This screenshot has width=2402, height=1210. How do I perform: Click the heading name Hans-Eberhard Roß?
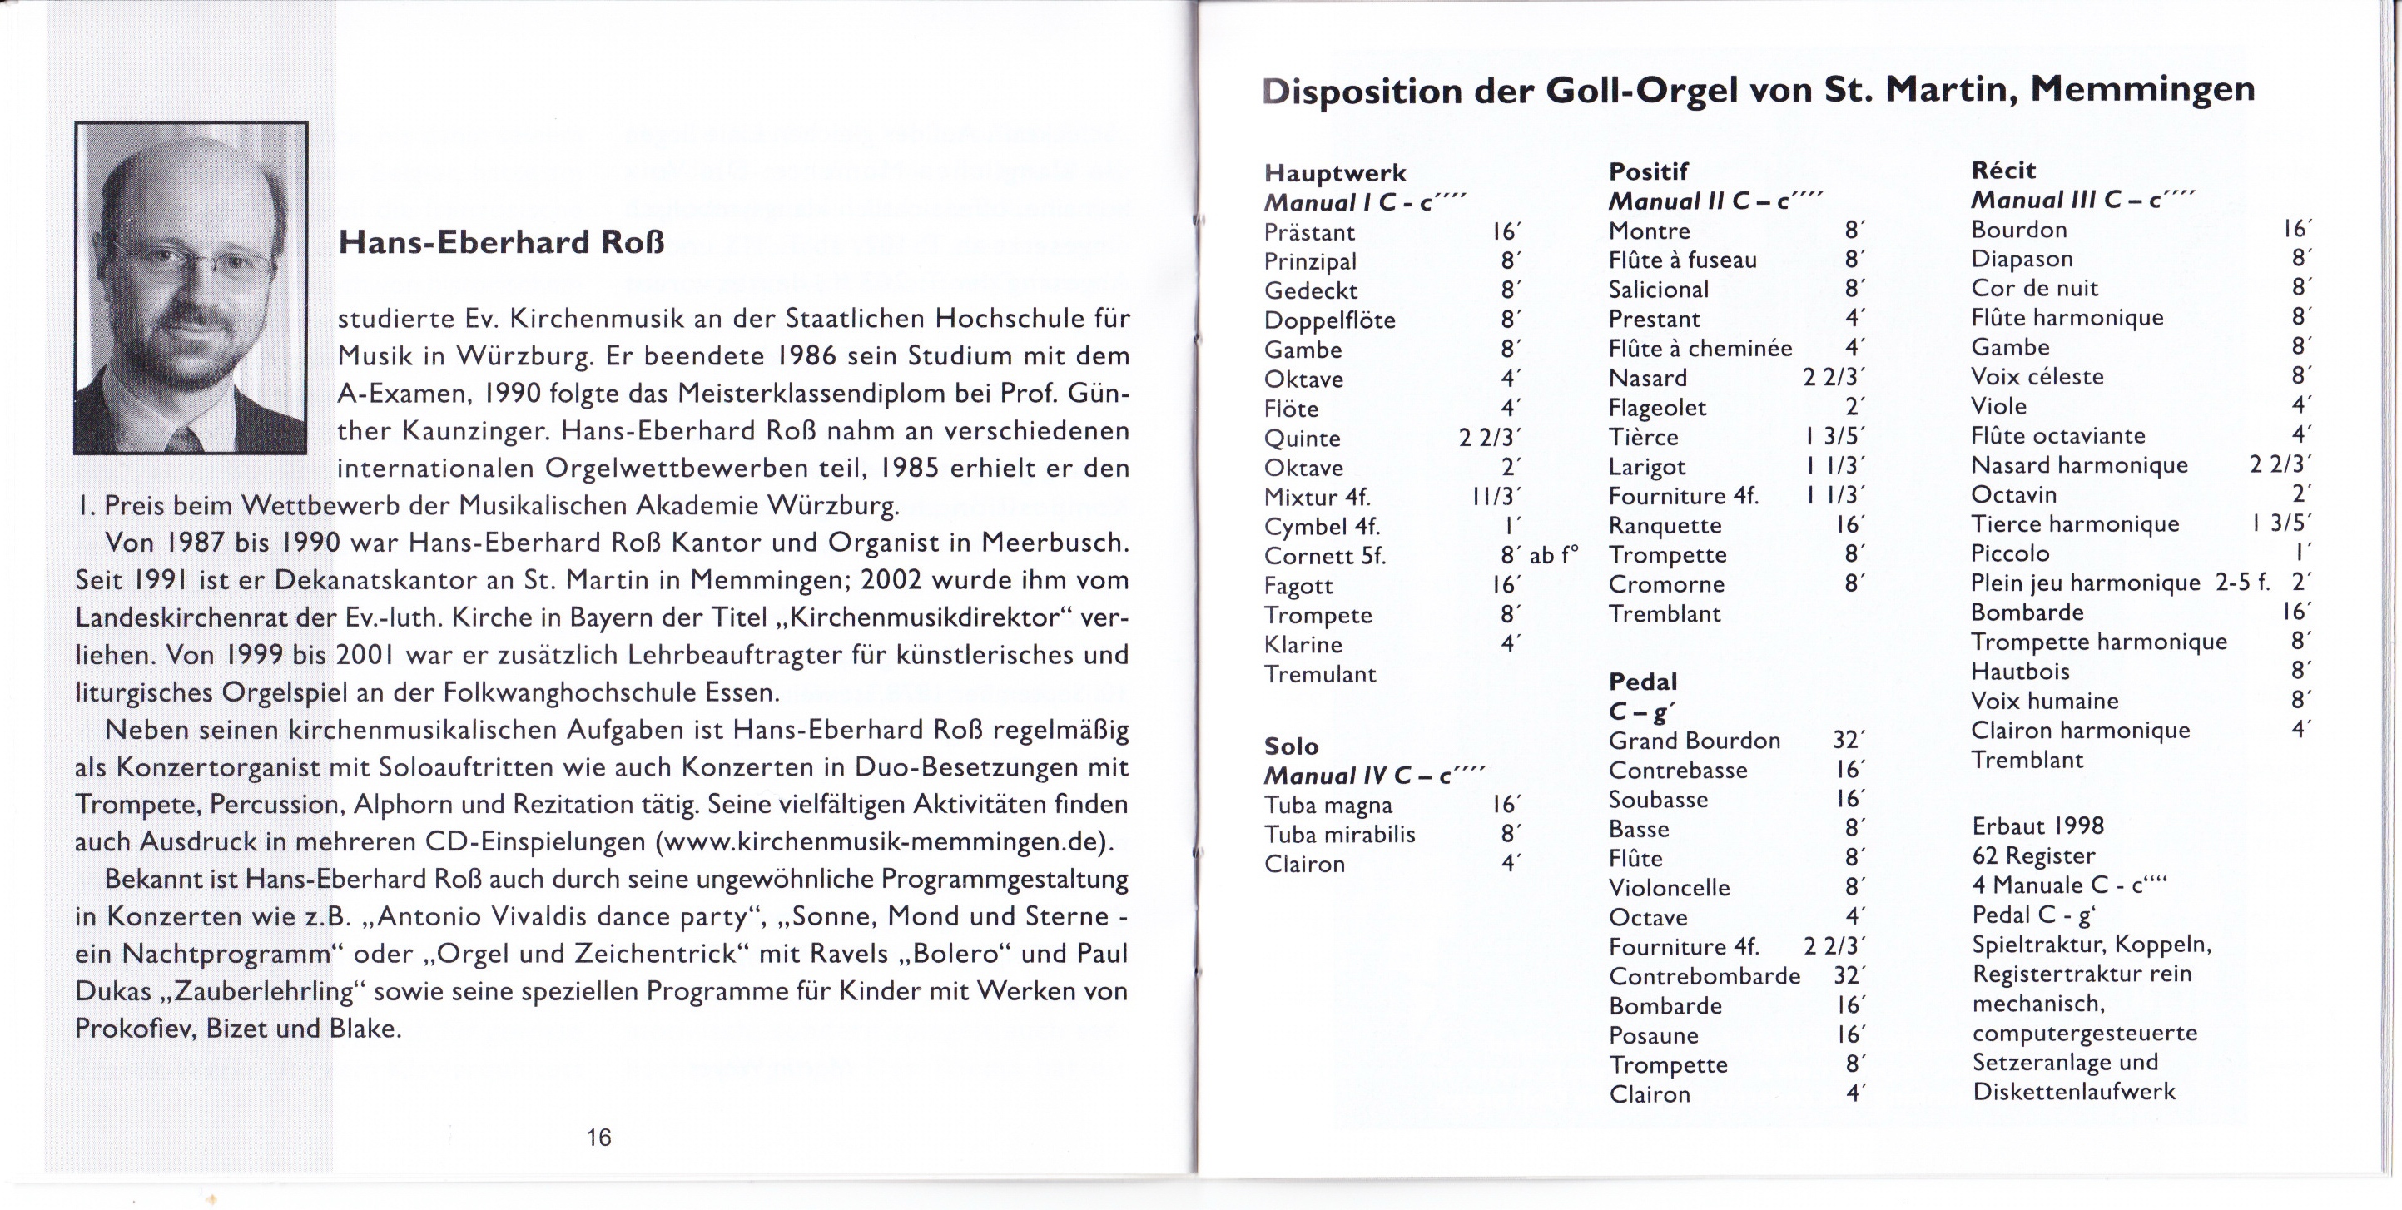pos(502,243)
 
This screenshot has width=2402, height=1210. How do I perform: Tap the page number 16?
pos(598,1138)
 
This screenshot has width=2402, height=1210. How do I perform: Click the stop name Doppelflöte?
pos(1330,320)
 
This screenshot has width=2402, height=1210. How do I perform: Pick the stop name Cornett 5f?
pos(1325,557)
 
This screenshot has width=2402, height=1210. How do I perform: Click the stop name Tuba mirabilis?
pos(1339,835)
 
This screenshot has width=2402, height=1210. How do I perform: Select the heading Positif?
pos(1649,171)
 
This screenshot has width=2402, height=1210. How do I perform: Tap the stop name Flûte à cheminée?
pos(1700,349)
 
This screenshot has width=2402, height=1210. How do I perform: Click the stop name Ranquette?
pos(1665,526)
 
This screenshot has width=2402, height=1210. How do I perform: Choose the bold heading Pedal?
pos(1643,682)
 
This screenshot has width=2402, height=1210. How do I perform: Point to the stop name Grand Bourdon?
pos(1695,741)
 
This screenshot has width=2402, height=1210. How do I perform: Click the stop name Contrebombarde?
pos(1705,976)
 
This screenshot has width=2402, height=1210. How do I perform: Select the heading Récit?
pos(2002,171)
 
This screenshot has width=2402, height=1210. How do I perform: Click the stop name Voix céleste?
pos(2037,377)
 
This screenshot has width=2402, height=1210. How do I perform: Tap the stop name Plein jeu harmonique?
pos(2085,583)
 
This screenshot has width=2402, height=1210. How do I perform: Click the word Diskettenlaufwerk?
pos(2074,1092)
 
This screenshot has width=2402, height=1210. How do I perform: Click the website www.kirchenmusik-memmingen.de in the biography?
pos(883,842)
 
